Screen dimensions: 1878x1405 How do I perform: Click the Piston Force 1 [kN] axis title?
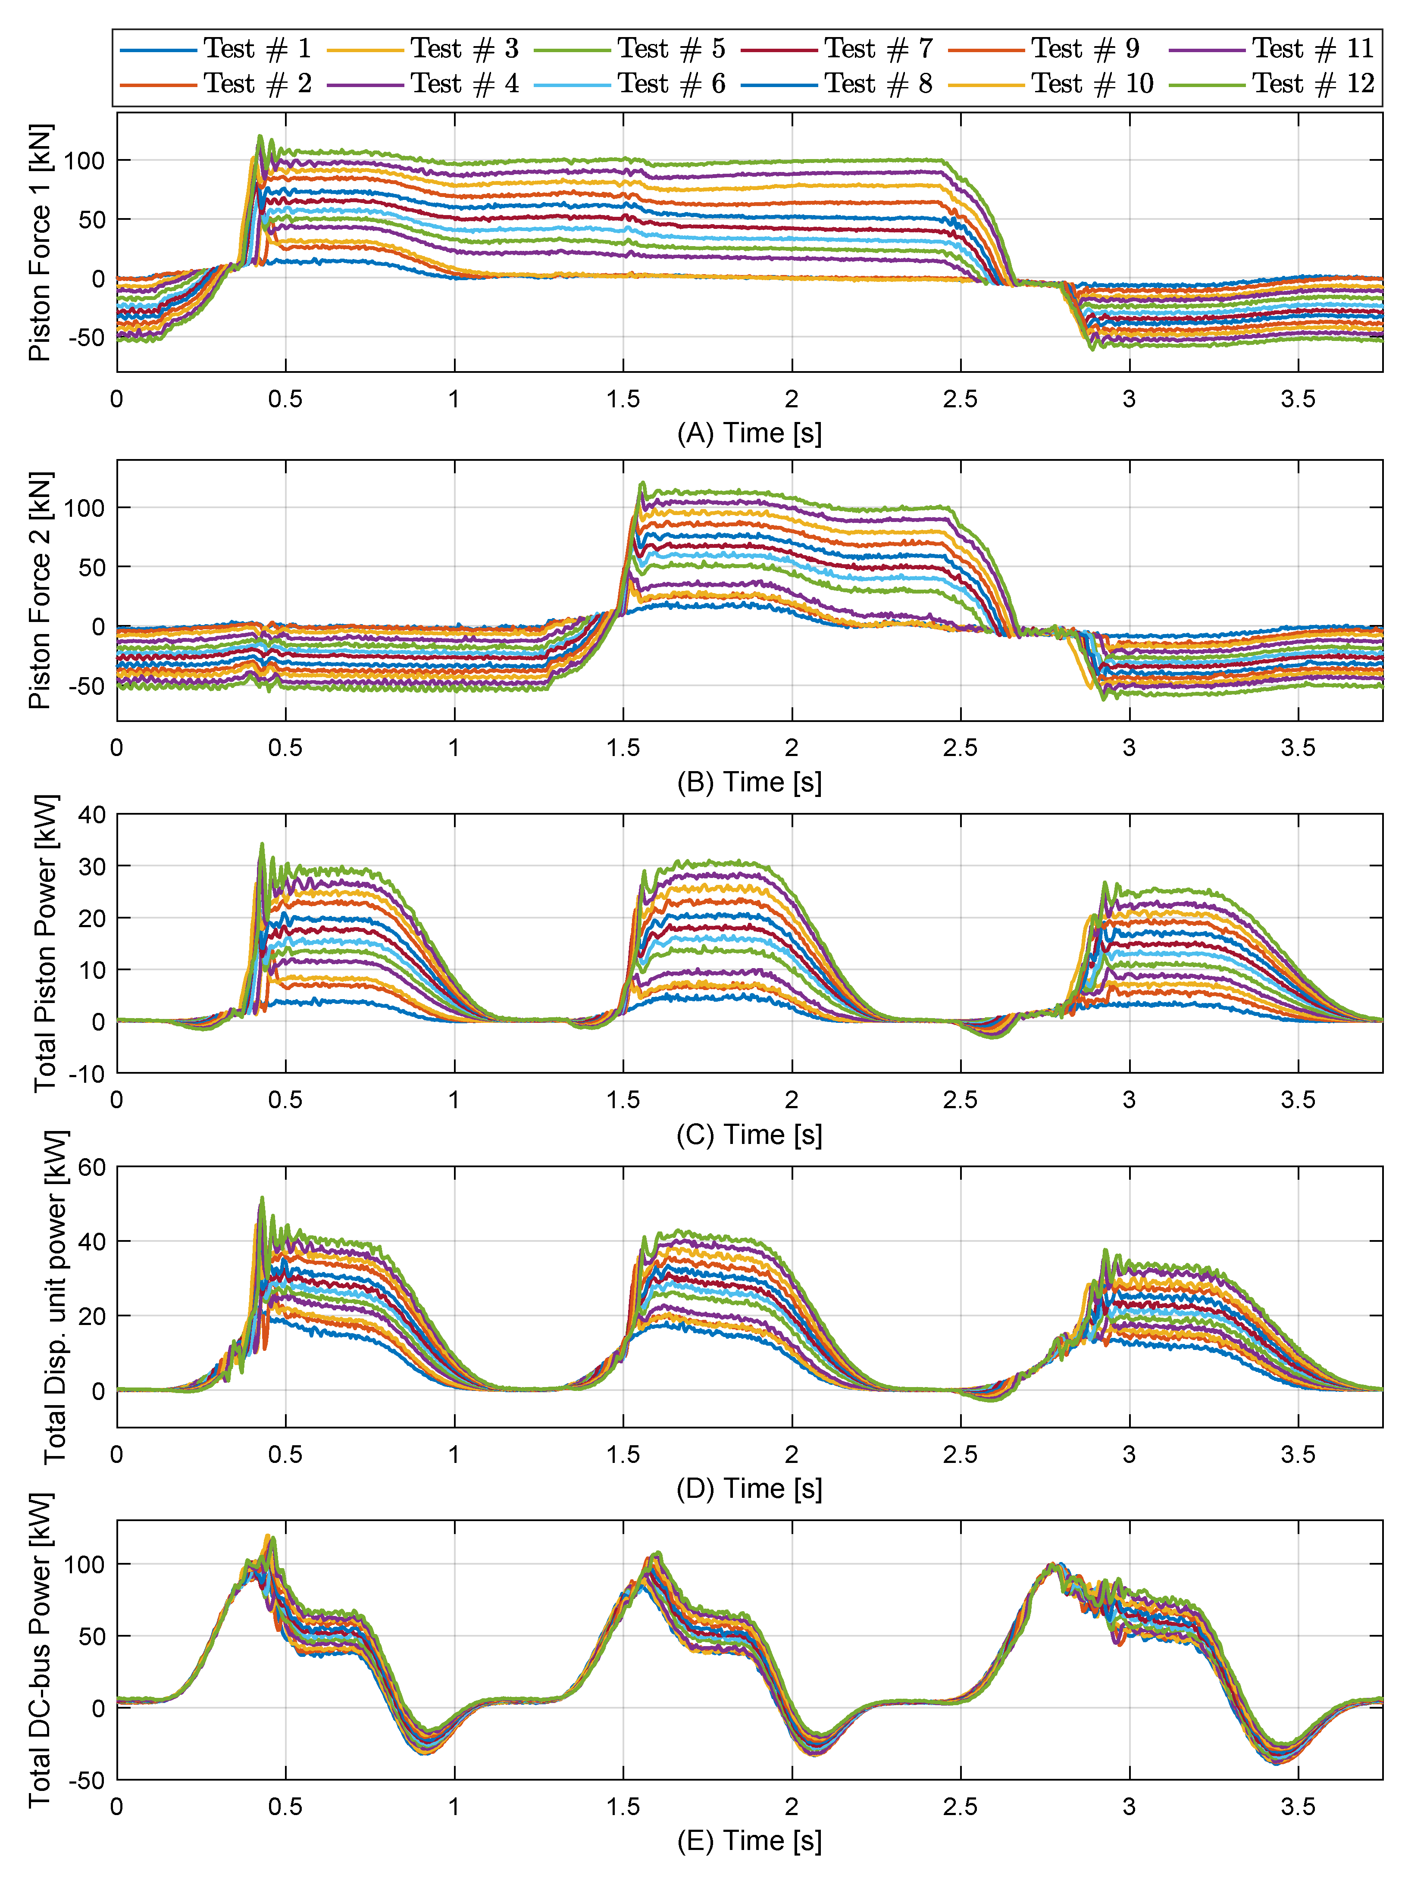pos(40,243)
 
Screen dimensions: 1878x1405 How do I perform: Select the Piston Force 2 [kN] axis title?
pos(40,591)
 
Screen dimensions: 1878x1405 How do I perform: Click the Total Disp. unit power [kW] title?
pos(55,1297)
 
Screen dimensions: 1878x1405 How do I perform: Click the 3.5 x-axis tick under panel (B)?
pos(1297,748)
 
